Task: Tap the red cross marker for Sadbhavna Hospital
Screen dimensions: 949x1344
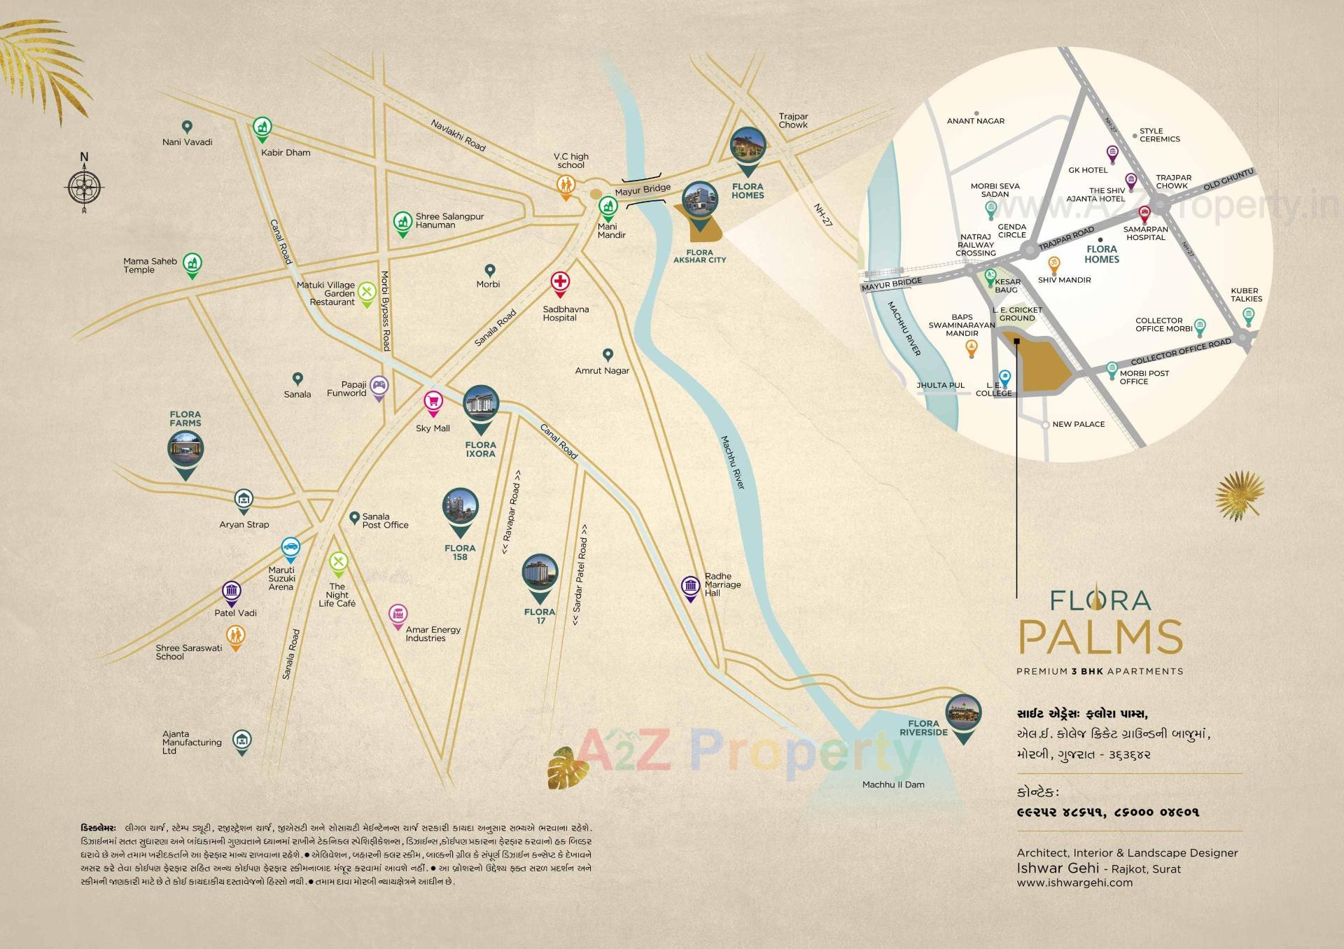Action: pyautogui.click(x=559, y=283)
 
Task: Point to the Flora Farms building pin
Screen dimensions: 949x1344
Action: pyautogui.click(x=185, y=450)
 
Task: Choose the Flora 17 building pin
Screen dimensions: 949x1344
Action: pyautogui.click(x=540, y=575)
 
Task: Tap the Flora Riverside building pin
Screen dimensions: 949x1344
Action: pyautogui.click(x=963, y=715)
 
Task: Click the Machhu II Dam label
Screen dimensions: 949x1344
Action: pyautogui.click(x=893, y=785)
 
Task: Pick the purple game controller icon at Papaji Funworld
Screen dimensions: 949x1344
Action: pyautogui.click(x=379, y=385)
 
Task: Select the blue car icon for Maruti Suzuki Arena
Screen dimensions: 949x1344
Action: pyautogui.click(x=290, y=547)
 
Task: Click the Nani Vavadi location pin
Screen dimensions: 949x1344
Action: pyautogui.click(x=187, y=127)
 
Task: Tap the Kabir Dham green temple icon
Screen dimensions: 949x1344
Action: pyautogui.click(x=262, y=127)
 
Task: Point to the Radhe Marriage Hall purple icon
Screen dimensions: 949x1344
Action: pyautogui.click(x=691, y=586)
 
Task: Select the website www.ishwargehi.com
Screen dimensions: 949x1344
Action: pyautogui.click(x=1074, y=883)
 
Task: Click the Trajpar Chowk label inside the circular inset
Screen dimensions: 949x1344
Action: pyautogui.click(x=1173, y=182)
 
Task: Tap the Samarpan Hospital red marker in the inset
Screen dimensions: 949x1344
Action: pyautogui.click(x=1145, y=212)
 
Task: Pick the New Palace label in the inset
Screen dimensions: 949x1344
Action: pyautogui.click(x=1078, y=424)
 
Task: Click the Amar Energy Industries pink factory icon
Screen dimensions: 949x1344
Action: pyautogui.click(x=398, y=614)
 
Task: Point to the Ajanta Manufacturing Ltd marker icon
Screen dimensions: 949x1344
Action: pyautogui.click(x=242, y=739)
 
